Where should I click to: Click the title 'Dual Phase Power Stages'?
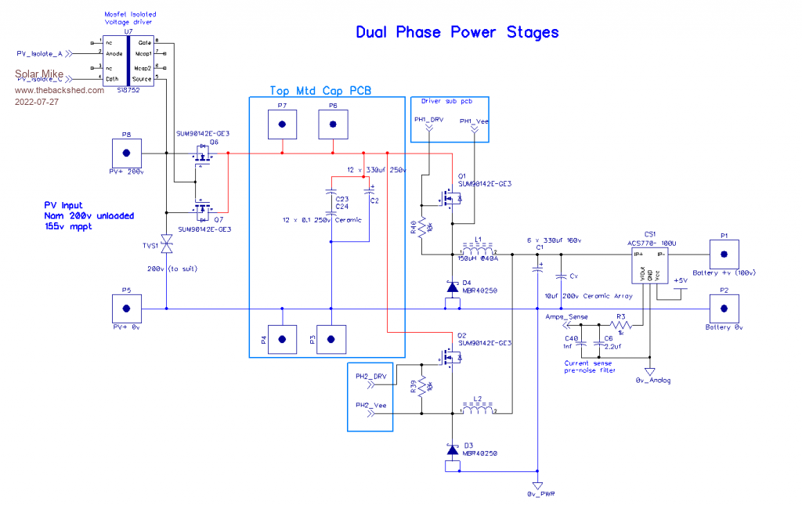pos(457,32)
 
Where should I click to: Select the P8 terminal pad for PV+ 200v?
pos(125,149)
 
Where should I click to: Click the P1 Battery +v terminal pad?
pos(724,254)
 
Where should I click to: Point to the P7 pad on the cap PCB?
pos(282,124)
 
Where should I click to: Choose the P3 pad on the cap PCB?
pos(331,339)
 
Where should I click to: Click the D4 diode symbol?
pos(452,287)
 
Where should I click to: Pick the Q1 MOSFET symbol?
pos(447,199)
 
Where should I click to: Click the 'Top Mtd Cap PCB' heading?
pos(320,91)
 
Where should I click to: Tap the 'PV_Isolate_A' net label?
pos(39,54)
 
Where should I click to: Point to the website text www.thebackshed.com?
pos(60,90)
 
